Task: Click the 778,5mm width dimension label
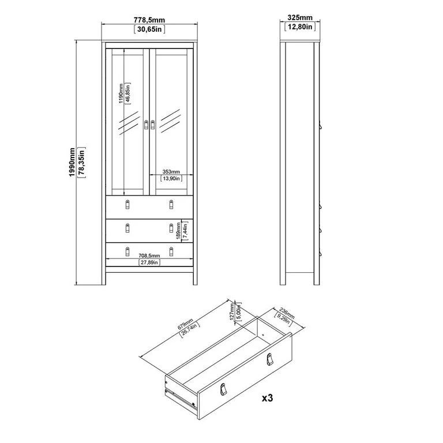click(149, 20)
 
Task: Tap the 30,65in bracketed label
click(149, 29)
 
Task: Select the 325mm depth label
click(300, 17)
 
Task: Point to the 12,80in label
click(300, 27)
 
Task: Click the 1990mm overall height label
click(72, 162)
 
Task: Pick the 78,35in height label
click(81, 163)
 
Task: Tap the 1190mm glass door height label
click(121, 93)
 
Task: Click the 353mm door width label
click(171, 171)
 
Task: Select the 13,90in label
click(171, 178)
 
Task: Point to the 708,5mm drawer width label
click(149, 256)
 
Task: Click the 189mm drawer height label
click(178, 231)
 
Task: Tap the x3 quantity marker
click(267, 398)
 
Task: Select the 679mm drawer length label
click(185, 324)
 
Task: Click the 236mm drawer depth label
click(287, 313)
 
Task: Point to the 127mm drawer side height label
click(232, 311)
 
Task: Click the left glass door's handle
click(146, 125)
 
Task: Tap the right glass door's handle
click(153, 125)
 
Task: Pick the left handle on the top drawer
click(127, 204)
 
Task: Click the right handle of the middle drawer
click(171, 228)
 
